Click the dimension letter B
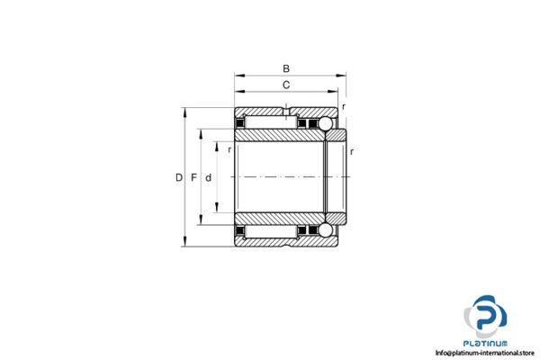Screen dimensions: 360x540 (286, 68)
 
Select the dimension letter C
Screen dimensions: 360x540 (286, 85)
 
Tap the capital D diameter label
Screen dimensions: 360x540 (178, 177)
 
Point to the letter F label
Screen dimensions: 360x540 (193, 177)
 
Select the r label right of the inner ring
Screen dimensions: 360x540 (351, 151)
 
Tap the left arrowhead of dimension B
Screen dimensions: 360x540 (238, 76)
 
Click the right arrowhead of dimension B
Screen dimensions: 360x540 (343, 76)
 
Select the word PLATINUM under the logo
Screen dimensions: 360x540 (486, 342)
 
